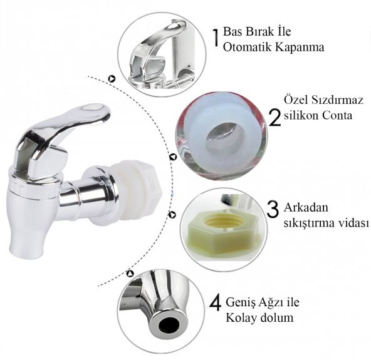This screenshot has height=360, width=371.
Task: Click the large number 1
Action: pyautogui.click(x=216, y=38)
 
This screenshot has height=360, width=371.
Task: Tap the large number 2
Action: pyautogui.click(x=275, y=117)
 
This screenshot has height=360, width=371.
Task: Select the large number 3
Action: pyautogui.click(x=273, y=209)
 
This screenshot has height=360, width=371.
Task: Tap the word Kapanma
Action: pyautogui.click(x=300, y=48)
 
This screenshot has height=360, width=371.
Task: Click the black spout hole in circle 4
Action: pyautogui.click(x=169, y=324)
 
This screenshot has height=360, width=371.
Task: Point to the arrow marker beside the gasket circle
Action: pyautogui.click(x=173, y=157)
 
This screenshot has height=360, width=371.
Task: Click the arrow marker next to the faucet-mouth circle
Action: pyautogui.click(x=130, y=274)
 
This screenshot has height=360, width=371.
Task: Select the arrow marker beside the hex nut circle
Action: pyautogui.click(x=172, y=215)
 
